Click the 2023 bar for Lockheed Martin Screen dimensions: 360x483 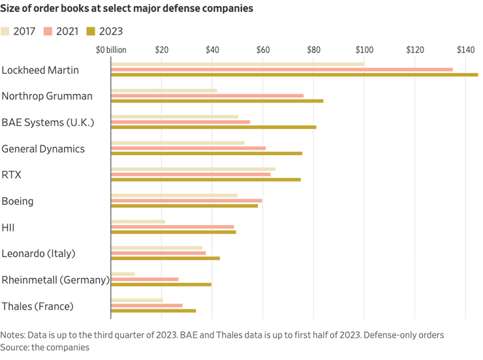[x=294, y=74]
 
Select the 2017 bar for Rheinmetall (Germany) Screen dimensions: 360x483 [x=123, y=274]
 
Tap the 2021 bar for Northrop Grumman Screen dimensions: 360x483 [x=208, y=95]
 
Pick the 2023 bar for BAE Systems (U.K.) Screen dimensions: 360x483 [x=213, y=127]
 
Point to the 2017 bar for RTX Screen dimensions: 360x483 [x=193, y=169]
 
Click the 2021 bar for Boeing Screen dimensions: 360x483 [x=187, y=200]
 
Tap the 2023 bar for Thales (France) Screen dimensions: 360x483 [x=153, y=310]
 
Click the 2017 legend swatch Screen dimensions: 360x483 [x=6, y=31]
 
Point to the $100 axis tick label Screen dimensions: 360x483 [x=364, y=50]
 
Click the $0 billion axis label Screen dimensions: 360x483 [x=111, y=50]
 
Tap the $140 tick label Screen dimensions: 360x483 [x=465, y=50]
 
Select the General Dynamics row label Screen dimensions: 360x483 [x=43, y=149]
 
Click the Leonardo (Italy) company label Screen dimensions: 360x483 [x=39, y=254]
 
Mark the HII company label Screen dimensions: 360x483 [x=8, y=228]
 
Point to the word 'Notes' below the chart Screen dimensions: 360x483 [x=13, y=335]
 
